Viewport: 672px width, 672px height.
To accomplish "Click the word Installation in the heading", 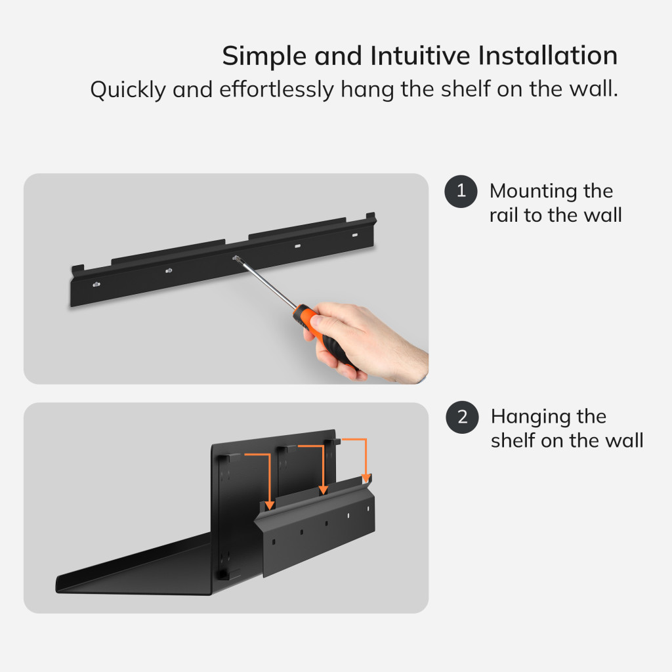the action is point(548,56).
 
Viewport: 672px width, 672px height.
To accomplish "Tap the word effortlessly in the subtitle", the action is point(276,89).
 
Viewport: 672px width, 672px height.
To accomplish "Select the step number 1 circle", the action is point(461,191).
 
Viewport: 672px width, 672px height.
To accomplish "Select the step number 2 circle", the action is point(462,417).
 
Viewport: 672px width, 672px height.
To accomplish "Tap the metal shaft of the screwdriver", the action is point(266,282).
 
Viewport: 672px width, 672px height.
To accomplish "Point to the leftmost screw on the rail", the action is point(96,284).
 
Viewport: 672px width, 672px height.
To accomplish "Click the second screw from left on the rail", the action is point(169,270).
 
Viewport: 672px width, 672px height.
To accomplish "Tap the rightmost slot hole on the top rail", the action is point(355,235).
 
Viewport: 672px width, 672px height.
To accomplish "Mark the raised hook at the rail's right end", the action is point(371,217).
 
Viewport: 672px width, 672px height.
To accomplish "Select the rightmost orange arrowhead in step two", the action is point(366,478).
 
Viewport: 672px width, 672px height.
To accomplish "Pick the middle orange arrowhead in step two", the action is point(324,490).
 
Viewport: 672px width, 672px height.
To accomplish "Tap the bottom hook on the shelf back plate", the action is point(224,574).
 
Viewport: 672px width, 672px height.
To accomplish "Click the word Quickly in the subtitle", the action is point(128,90).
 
